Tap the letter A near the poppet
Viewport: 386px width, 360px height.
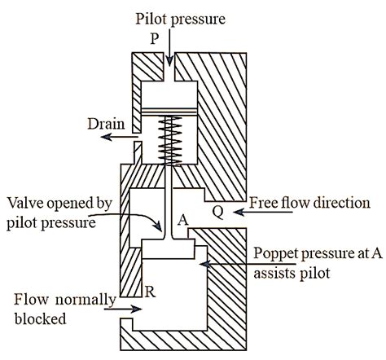tap(182, 219)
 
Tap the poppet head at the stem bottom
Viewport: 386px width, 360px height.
tap(168, 248)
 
